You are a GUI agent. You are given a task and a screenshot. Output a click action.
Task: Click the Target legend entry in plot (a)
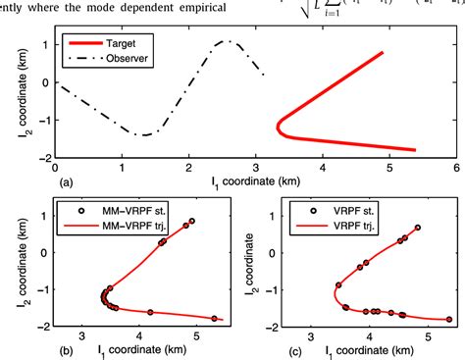(115, 44)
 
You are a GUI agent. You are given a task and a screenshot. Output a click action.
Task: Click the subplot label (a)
(64, 182)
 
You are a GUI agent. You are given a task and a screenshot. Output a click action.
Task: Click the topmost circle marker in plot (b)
(192, 222)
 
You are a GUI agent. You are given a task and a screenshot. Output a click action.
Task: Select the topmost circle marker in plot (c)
(418, 228)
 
